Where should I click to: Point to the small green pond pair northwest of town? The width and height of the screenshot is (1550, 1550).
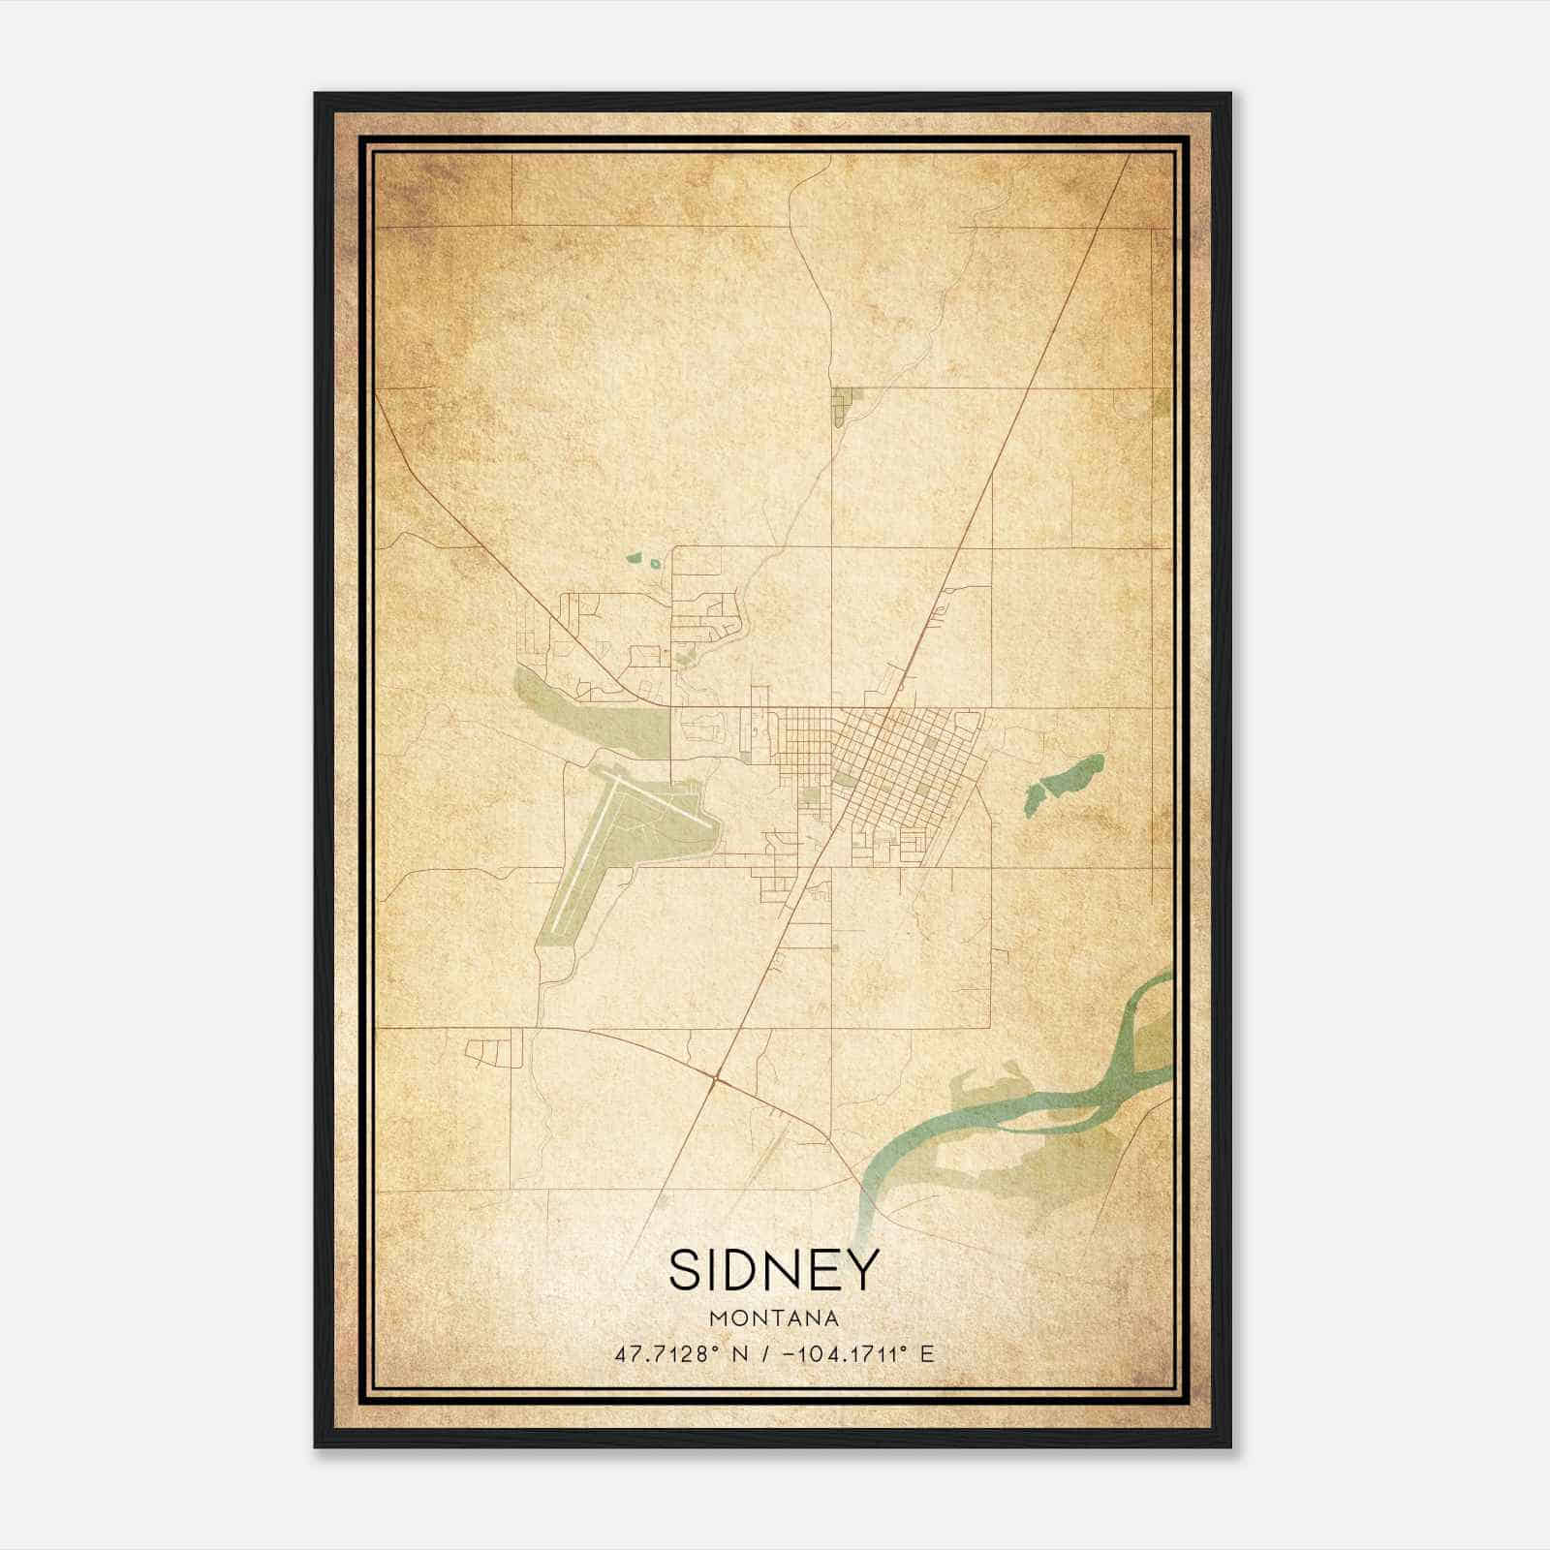tap(643, 560)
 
